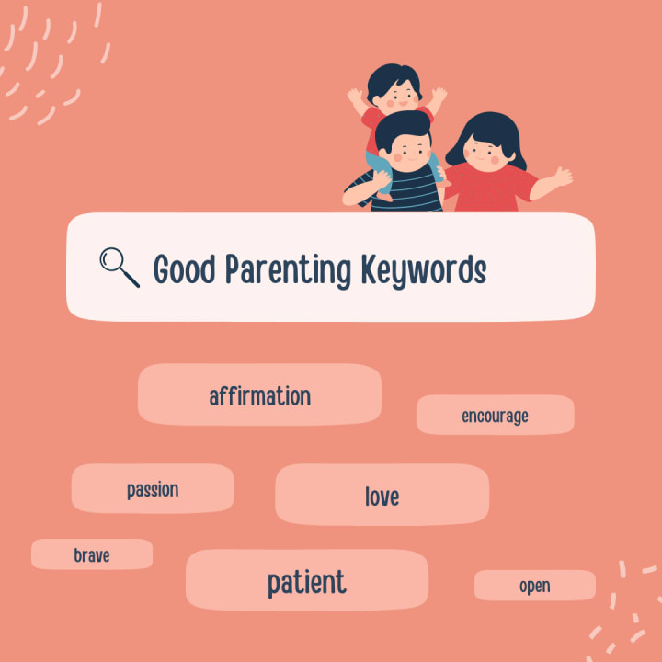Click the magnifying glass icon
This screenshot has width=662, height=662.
(x=119, y=267)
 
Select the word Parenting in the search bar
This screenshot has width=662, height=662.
(x=288, y=271)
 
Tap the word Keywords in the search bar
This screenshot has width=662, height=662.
(x=424, y=271)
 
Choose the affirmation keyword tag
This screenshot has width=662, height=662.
(x=259, y=394)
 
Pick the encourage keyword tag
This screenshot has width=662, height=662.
(x=496, y=415)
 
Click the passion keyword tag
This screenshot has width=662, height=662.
(x=153, y=488)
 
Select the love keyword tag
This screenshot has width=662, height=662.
(x=382, y=495)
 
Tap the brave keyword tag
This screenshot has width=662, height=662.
(x=92, y=554)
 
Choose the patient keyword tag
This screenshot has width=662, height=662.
(x=307, y=580)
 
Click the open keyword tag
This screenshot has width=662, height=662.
(x=534, y=585)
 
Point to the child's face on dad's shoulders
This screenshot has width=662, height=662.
(x=397, y=98)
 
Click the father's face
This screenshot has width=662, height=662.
(x=408, y=154)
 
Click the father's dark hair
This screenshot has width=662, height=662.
(x=404, y=127)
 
